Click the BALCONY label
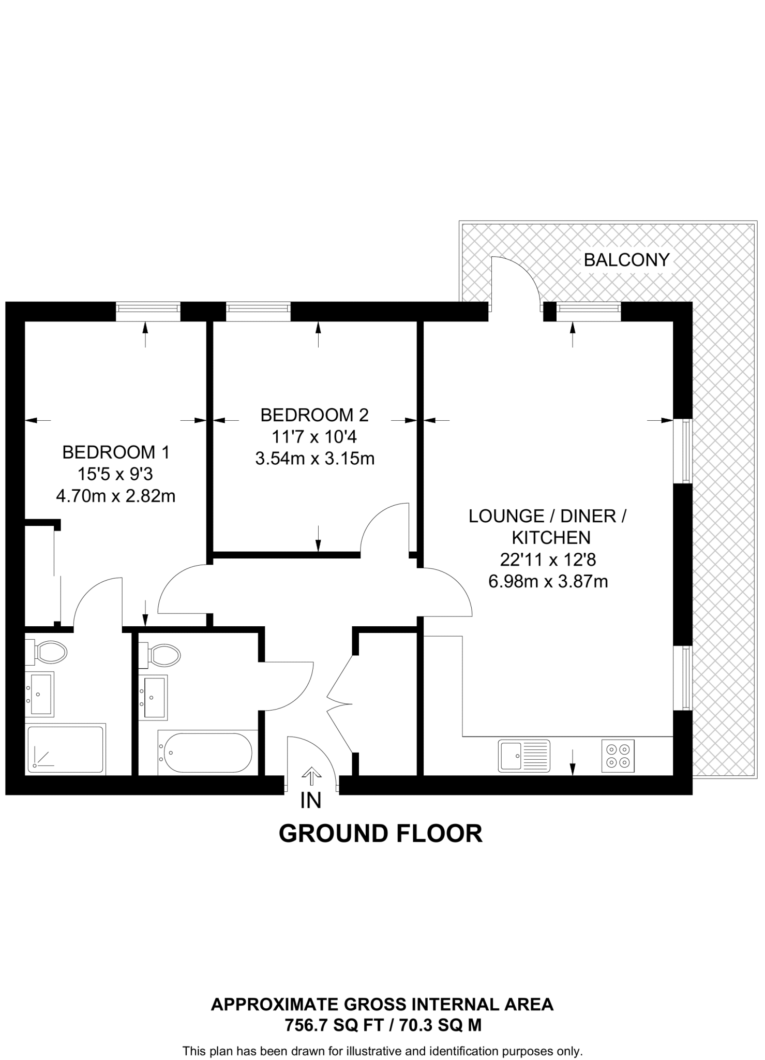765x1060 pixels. point(626,259)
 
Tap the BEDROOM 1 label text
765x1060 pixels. point(116,452)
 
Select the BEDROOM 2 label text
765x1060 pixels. point(314,415)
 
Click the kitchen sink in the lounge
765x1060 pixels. point(524,756)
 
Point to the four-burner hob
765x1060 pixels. point(618,756)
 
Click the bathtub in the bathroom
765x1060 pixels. point(206,753)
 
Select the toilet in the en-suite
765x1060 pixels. point(47,652)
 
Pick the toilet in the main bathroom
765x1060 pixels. point(160,656)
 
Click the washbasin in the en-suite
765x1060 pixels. point(39,694)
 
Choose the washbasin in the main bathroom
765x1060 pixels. point(153,697)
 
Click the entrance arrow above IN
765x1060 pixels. point(311,775)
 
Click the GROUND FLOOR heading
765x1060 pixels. point(381,834)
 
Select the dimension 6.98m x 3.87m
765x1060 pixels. point(548,582)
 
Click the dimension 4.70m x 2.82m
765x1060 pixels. point(116,496)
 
